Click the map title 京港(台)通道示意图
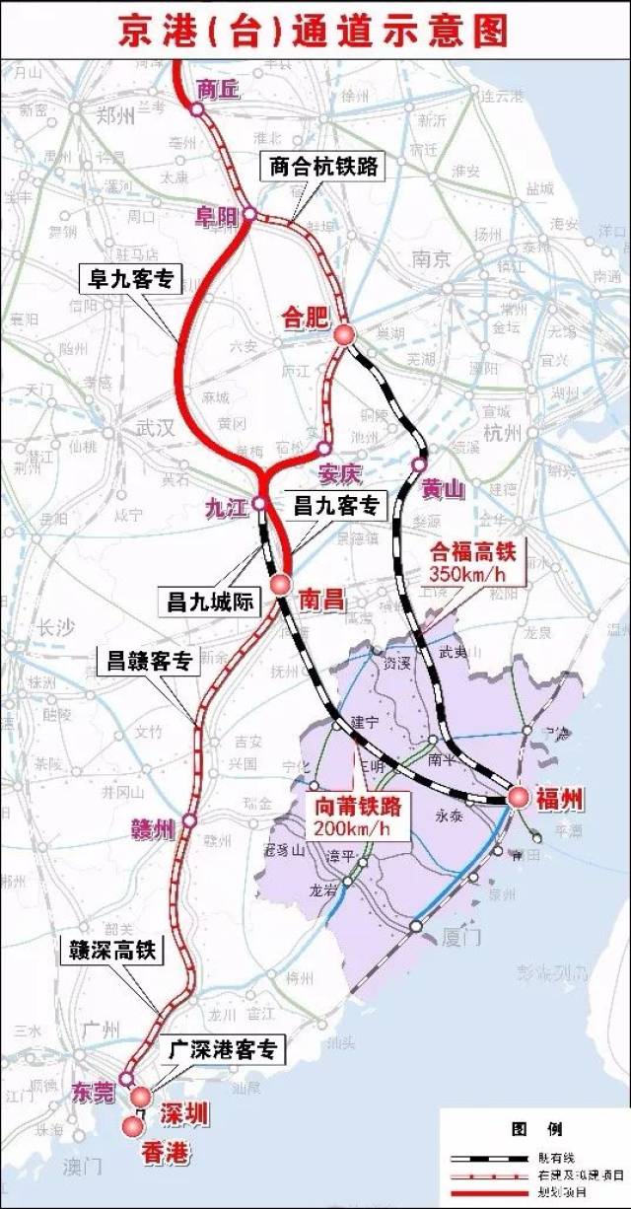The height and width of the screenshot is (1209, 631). coord(315,30)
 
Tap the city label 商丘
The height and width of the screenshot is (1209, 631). coord(219,88)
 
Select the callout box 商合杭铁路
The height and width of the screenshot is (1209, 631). coord(323,166)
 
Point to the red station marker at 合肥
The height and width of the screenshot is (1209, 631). coord(344,335)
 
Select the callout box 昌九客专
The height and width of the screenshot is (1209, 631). coord(336,506)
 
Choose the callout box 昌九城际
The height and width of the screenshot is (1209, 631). coord(206,600)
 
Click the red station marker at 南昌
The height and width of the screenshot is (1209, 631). coord(281,584)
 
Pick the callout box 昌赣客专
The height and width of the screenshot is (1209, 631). coord(147,662)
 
